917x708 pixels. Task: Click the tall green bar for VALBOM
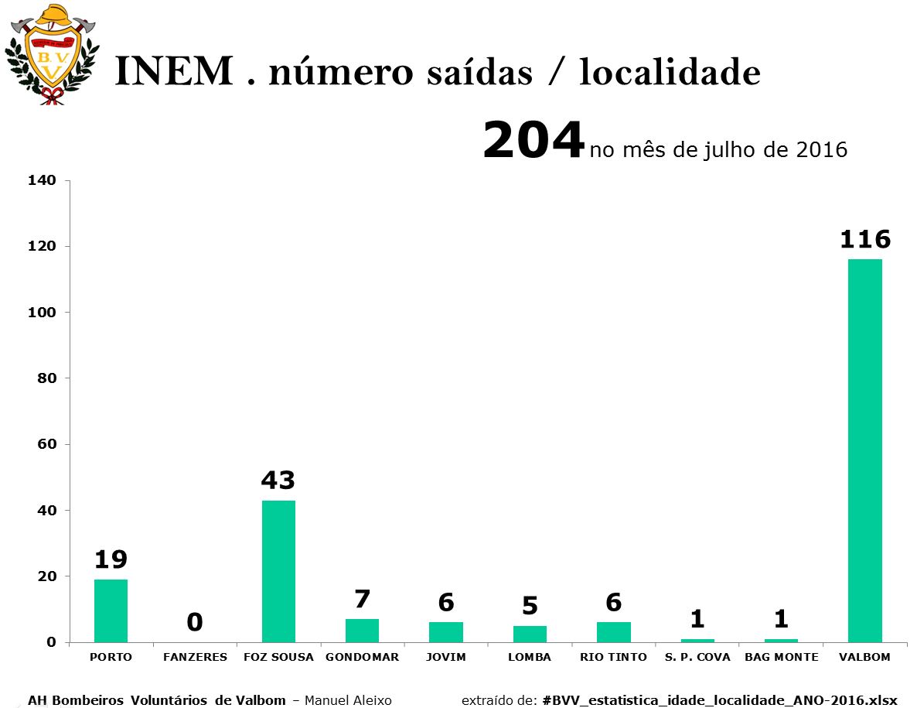click(x=865, y=450)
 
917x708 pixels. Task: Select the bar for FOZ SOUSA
click(x=278, y=571)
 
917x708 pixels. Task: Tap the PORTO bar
click(x=111, y=611)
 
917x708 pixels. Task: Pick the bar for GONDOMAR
click(x=362, y=631)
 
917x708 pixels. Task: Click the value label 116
click(x=865, y=239)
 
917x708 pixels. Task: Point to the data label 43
click(x=278, y=481)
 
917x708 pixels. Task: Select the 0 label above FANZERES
click(x=195, y=622)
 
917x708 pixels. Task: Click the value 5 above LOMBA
click(x=530, y=606)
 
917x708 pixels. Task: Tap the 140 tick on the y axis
click(x=42, y=180)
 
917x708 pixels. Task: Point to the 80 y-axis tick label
click(x=46, y=378)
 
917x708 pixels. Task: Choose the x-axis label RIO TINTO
click(x=613, y=657)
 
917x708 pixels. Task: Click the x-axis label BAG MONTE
click(x=782, y=657)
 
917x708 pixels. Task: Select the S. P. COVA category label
click(x=697, y=657)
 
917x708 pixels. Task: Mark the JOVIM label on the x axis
click(x=445, y=657)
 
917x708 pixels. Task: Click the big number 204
click(x=533, y=140)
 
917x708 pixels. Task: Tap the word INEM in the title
click(x=174, y=71)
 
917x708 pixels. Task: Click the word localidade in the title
click(x=670, y=71)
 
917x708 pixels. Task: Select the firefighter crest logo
click(x=52, y=54)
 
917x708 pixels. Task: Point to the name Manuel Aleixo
click(x=348, y=700)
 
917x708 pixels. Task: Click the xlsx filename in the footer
click(x=720, y=700)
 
